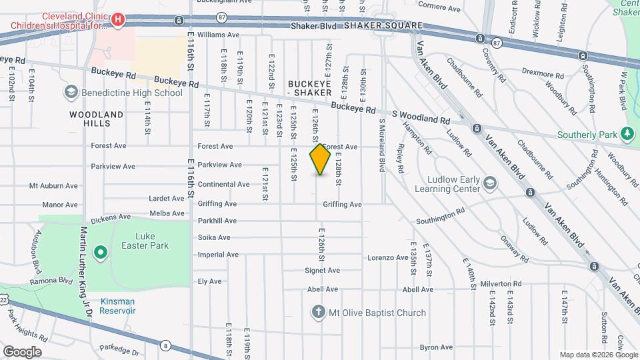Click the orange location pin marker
click(320, 159)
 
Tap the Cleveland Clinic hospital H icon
click(118, 20)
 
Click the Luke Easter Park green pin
click(100, 252)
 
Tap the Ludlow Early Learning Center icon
click(489, 183)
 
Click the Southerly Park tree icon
click(627, 134)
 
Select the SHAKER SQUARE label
click(383, 25)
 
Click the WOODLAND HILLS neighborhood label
click(97, 119)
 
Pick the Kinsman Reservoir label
click(118, 306)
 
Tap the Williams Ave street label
click(218, 35)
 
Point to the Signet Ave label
click(322, 271)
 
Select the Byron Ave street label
click(436, 347)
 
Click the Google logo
click(22, 352)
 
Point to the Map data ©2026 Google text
click(598, 355)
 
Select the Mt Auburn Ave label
click(55, 186)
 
